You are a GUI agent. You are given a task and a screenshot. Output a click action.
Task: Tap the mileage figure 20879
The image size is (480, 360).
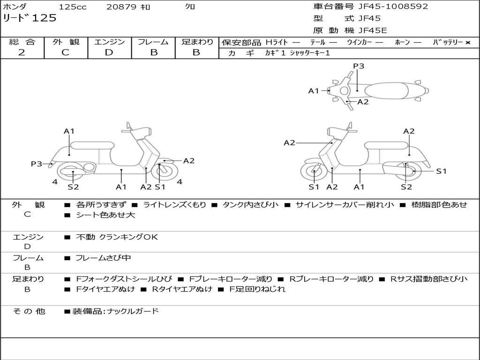pos(121,7)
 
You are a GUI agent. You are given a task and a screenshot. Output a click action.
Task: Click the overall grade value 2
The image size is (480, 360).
pos(22,52)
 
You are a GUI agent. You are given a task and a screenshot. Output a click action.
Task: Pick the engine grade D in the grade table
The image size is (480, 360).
pos(109,52)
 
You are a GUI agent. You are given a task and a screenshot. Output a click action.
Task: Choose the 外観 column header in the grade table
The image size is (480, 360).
pos(66,42)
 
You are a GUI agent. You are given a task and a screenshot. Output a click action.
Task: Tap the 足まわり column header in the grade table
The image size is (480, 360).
pos(197,42)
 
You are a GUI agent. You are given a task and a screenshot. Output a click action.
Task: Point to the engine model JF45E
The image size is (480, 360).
pos(373,31)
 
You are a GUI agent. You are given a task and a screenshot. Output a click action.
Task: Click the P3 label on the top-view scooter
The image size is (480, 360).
pos(359,66)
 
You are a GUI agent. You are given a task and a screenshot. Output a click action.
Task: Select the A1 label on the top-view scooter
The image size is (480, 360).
pos(314,91)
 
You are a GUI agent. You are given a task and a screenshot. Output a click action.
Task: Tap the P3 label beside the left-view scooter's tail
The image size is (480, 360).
pos(37,164)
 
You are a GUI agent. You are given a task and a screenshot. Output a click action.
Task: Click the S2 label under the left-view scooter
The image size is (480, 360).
pos(73,187)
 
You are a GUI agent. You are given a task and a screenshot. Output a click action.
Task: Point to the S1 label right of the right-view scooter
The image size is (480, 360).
pos(441,171)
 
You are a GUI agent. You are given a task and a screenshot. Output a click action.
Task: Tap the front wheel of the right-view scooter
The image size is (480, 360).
pos(314,172)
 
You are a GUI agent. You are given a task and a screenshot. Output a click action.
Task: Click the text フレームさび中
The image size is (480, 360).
pos(103,258)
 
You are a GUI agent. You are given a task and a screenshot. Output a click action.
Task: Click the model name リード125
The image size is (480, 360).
pos(30,18)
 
